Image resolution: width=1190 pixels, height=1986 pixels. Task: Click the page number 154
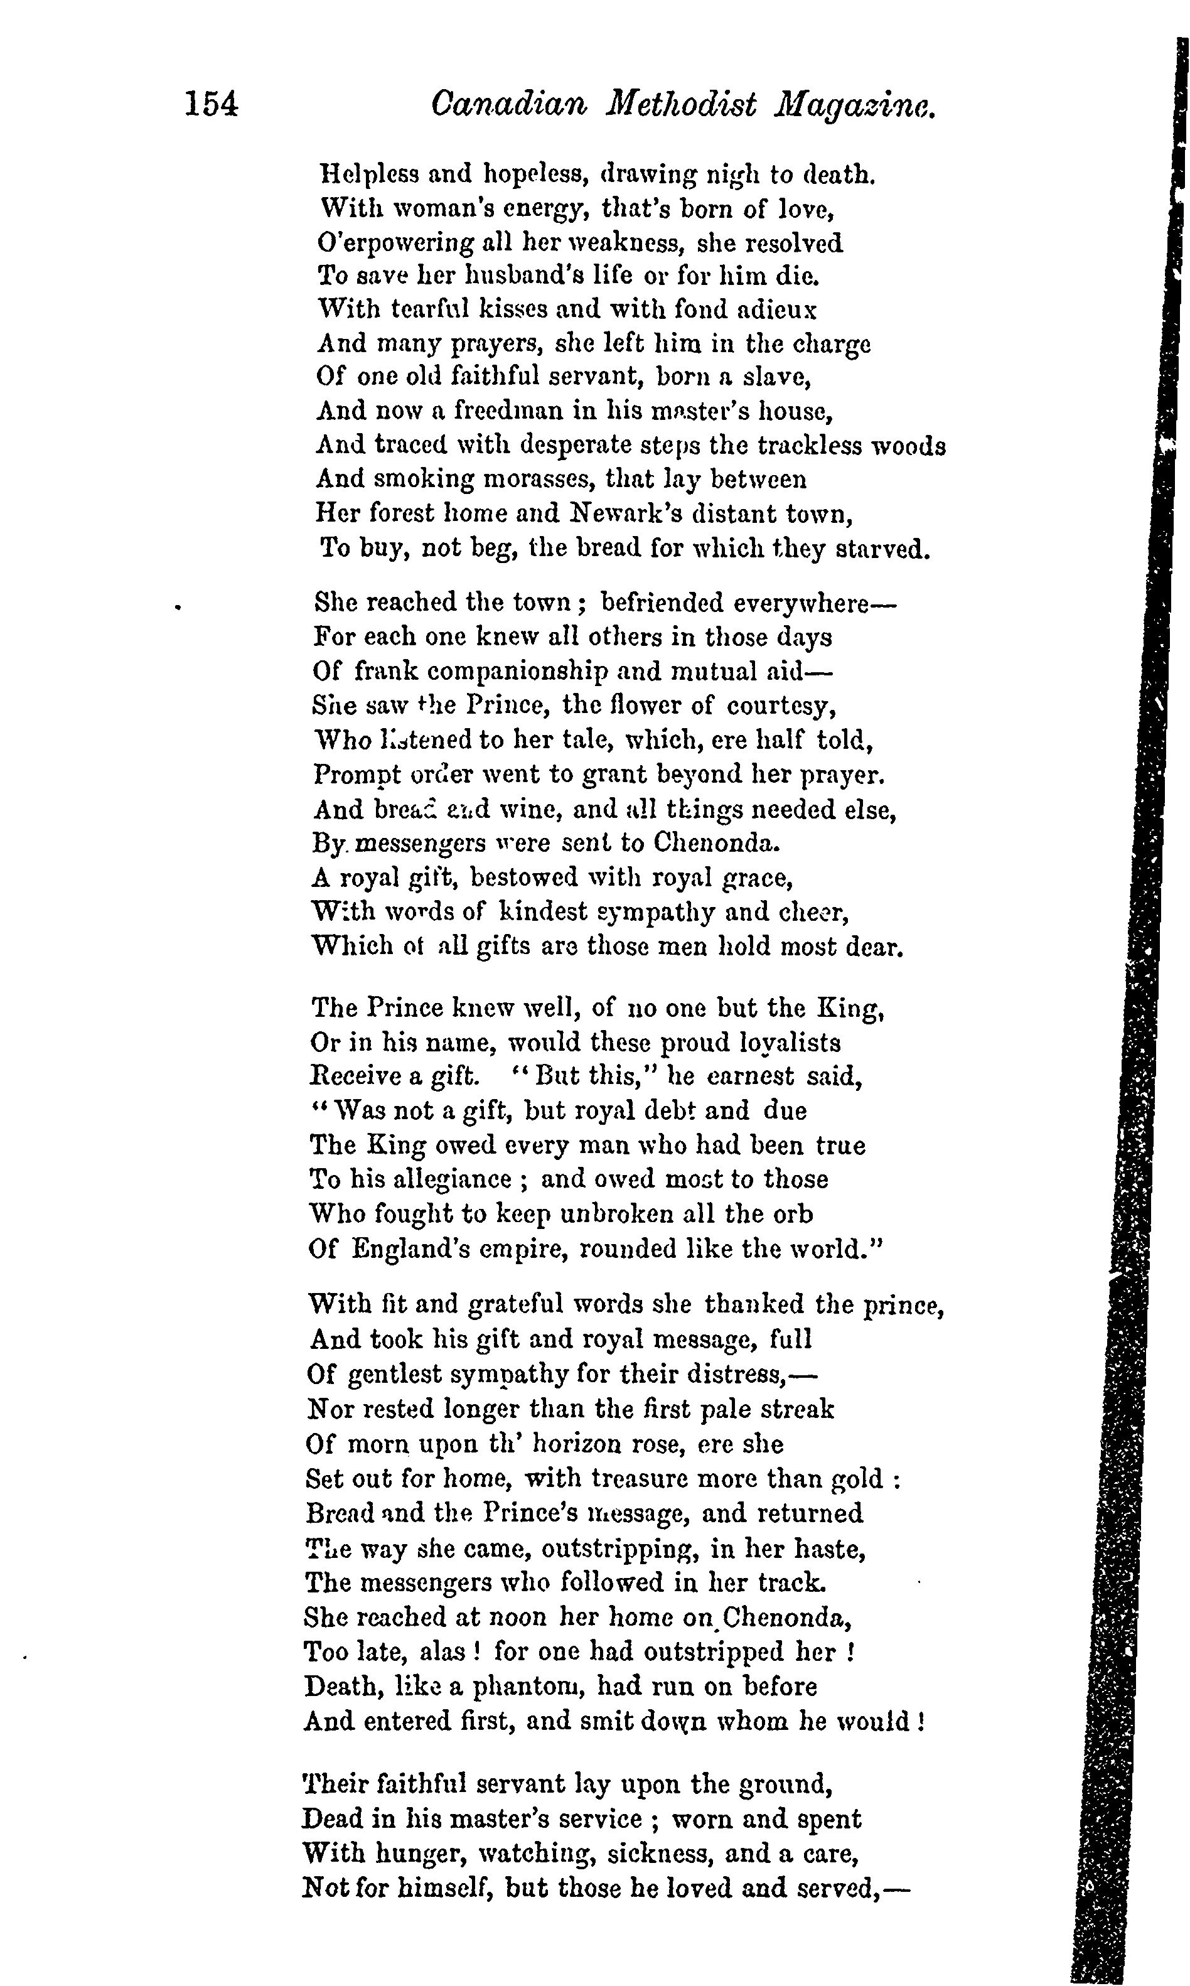click(212, 105)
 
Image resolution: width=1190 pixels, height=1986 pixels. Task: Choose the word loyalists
click(785, 1043)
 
